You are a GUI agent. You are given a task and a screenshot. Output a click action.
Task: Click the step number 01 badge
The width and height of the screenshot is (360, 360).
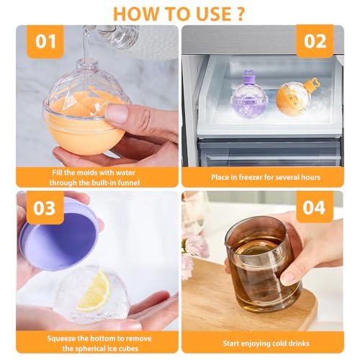[x=45, y=42]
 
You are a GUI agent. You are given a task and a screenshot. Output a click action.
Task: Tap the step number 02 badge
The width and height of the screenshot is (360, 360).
[x=315, y=41]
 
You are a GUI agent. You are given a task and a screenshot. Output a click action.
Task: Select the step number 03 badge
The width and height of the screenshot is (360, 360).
[x=45, y=208]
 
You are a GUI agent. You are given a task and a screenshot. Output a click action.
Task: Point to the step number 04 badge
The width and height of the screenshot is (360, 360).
[x=315, y=207]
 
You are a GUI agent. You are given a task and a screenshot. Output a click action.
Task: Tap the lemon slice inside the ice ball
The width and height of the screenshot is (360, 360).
[x=94, y=291]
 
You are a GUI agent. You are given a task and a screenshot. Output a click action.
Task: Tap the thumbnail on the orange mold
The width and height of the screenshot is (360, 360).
[x=117, y=112]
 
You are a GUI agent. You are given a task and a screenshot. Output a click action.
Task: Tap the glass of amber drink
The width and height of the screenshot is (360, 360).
[x=264, y=264]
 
